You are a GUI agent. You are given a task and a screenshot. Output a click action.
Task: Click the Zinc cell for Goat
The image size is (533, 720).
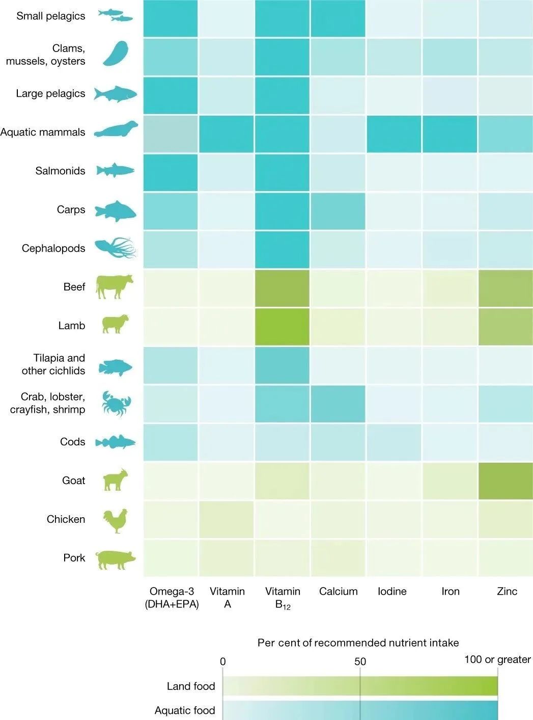point(506,481)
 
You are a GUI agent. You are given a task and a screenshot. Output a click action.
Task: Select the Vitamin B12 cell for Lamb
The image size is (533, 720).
point(283,326)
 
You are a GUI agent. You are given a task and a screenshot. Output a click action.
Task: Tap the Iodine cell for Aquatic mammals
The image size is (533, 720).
point(394,134)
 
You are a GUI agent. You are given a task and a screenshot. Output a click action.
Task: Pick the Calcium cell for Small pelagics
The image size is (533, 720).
point(338,18)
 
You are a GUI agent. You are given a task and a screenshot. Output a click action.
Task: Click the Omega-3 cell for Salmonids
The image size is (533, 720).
point(171,172)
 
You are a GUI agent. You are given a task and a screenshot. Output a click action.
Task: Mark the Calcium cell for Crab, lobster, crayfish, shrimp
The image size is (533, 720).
point(338,404)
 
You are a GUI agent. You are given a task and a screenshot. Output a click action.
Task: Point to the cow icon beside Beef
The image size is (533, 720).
point(115,287)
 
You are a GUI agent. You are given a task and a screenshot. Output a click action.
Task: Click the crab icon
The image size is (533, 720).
point(116,404)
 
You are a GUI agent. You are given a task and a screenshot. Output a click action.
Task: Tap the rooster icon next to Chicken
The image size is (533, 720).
point(115,520)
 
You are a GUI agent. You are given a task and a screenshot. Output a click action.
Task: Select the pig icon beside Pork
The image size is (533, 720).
point(116,559)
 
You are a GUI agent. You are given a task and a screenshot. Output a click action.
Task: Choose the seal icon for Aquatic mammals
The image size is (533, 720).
point(116,130)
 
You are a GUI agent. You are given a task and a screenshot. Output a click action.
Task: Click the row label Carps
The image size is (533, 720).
point(71,209)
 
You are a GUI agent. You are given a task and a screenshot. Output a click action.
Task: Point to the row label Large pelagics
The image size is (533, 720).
point(50,93)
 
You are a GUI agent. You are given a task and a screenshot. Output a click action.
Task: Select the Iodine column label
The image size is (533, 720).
point(392,591)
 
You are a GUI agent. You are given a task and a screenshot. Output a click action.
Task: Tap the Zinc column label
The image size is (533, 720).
point(507,591)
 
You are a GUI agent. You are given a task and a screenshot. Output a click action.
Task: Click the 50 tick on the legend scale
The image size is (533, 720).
point(360,661)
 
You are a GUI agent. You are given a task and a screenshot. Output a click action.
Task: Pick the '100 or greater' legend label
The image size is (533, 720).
point(497,659)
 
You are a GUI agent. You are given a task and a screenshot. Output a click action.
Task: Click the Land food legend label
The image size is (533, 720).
point(191,686)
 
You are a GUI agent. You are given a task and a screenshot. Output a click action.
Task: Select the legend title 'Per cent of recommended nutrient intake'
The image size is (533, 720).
point(358,643)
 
